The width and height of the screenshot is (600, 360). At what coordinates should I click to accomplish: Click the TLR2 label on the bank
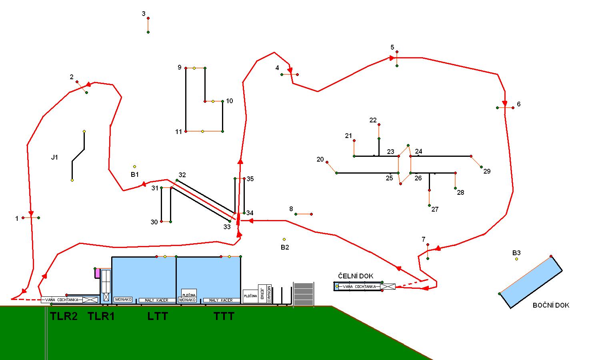(64, 316)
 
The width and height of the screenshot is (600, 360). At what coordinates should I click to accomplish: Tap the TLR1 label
(101, 316)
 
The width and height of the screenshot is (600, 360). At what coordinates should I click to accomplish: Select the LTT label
(158, 316)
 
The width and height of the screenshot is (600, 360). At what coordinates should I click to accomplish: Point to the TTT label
(224, 316)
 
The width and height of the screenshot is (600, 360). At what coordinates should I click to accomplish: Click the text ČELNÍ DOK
(356, 276)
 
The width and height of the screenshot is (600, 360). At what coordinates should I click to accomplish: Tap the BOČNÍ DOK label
(551, 305)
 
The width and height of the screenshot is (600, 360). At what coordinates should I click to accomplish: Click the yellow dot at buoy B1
(134, 166)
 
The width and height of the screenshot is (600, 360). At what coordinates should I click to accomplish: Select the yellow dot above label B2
(284, 240)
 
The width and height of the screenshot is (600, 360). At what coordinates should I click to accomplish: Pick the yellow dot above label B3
(516, 259)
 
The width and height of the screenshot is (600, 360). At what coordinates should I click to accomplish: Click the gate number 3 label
(144, 14)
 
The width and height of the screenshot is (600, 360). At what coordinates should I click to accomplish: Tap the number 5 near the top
(392, 48)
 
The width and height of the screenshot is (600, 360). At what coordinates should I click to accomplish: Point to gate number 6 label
(519, 104)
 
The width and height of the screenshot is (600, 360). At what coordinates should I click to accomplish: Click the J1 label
(54, 157)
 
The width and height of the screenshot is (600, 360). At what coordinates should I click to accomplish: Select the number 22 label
(373, 120)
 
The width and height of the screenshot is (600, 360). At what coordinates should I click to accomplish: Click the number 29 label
(487, 171)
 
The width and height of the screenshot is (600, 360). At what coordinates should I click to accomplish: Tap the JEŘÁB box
(262, 294)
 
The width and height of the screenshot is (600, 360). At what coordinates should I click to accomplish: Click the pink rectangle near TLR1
(97, 273)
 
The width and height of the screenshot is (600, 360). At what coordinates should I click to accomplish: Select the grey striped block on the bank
(304, 294)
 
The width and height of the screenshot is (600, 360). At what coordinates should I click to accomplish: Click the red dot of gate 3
(148, 18)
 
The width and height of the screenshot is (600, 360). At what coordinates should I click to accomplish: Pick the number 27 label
(435, 209)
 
